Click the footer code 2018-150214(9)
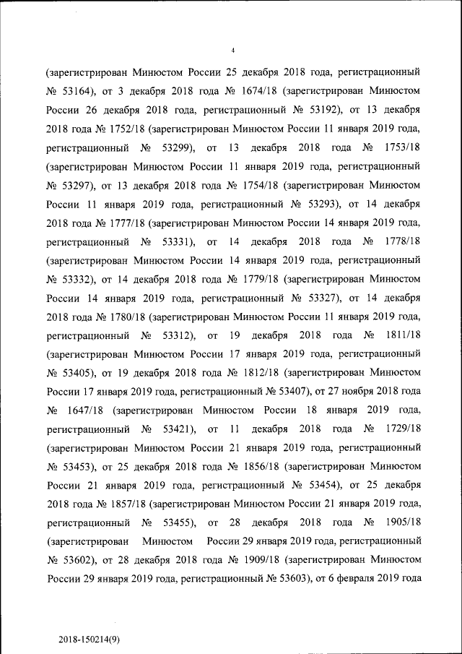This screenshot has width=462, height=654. point(89,640)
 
